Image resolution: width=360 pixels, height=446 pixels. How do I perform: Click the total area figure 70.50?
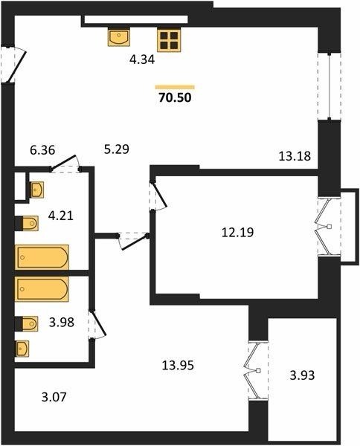[175, 97]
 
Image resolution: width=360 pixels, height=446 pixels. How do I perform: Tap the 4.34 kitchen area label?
[142, 59]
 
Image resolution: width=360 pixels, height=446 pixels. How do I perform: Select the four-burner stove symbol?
[169, 40]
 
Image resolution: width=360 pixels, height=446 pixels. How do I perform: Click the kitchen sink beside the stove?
[119, 36]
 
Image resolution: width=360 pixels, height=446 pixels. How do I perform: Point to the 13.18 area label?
[295, 156]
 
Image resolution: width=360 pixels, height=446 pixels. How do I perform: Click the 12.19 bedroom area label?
[237, 233]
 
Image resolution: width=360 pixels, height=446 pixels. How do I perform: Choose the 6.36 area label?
[42, 150]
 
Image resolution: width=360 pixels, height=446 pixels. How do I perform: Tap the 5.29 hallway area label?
[117, 149]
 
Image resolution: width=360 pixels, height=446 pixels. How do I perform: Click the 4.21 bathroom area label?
[60, 216]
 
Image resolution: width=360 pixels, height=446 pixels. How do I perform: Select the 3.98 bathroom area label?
[62, 323]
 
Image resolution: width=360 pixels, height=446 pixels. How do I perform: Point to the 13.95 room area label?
[178, 365]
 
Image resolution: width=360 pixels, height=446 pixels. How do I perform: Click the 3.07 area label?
[54, 397]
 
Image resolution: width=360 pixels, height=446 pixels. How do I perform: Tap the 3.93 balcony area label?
[302, 375]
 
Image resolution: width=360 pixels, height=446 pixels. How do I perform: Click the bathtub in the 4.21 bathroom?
[42, 257]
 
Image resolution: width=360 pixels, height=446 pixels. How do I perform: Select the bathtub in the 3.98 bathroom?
[42, 288]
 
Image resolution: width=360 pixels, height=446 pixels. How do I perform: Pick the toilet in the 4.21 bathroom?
[27, 223]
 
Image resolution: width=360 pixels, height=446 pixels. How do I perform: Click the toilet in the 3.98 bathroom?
[27, 323]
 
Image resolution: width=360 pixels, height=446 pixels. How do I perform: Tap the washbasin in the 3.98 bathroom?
[22, 349]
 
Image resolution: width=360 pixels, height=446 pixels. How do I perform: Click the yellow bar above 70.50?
[175, 87]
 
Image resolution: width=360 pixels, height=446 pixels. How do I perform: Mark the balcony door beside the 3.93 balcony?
[258, 370]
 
